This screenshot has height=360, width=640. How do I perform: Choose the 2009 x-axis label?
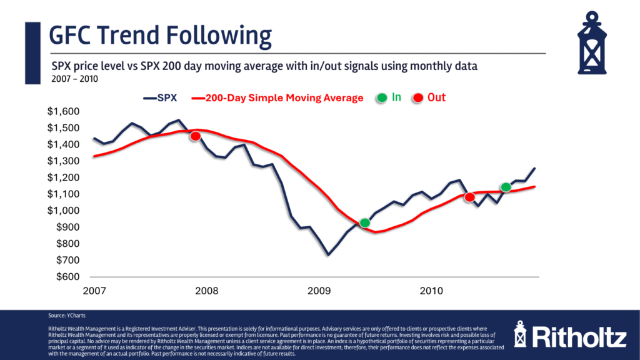point(319,291)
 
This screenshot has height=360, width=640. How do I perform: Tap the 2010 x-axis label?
point(431,291)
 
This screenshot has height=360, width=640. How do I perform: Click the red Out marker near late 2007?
point(196,136)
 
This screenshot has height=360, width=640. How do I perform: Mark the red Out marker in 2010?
point(470,197)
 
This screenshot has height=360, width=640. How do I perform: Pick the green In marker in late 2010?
point(506,187)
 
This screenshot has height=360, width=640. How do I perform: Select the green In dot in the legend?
point(382,98)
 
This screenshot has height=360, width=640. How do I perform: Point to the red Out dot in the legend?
point(418,98)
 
